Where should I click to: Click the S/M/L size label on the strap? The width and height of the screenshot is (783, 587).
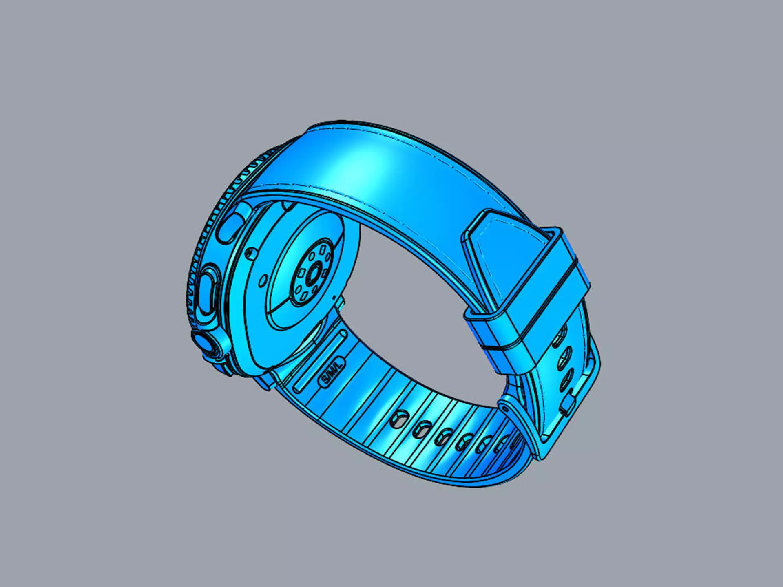(331, 371)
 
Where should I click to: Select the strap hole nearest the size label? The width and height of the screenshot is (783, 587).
(398, 419)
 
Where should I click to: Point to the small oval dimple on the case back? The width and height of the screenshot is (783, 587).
(263, 281)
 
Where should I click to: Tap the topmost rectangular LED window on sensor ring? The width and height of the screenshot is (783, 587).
(322, 249)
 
